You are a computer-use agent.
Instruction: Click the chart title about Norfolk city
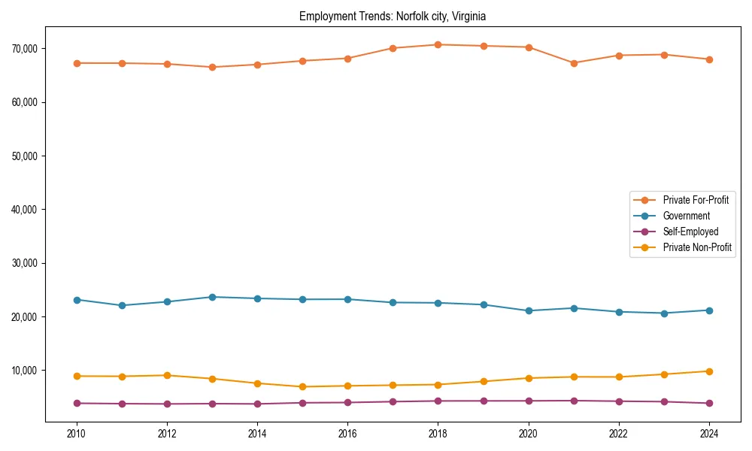tap(393, 16)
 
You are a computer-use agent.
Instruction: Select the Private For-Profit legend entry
tap(695, 200)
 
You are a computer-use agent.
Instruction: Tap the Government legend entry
tap(686, 216)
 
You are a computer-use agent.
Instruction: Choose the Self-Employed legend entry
tap(690, 232)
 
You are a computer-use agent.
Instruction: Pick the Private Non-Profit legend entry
tap(697, 247)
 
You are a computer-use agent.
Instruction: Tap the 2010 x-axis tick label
tap(76, 434)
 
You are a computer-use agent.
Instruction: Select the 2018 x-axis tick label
tap(438, 434)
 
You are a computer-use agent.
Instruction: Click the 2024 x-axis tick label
tap(709, 434)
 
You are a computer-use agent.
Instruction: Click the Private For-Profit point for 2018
tap(438, 44)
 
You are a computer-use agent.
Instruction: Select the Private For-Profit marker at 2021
tap(574, 63)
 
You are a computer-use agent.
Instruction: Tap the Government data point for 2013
tap(212, 297)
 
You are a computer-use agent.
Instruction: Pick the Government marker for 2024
tap(709, 310)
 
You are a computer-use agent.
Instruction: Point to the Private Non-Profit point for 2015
tap(302, 387)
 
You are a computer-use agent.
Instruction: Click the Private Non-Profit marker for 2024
tap(709, 371)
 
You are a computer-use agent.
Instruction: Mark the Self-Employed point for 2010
tap(76, 403)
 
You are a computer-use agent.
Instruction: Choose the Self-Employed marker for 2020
tap(529, 401)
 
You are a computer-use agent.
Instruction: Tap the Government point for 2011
tap(121, 305)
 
